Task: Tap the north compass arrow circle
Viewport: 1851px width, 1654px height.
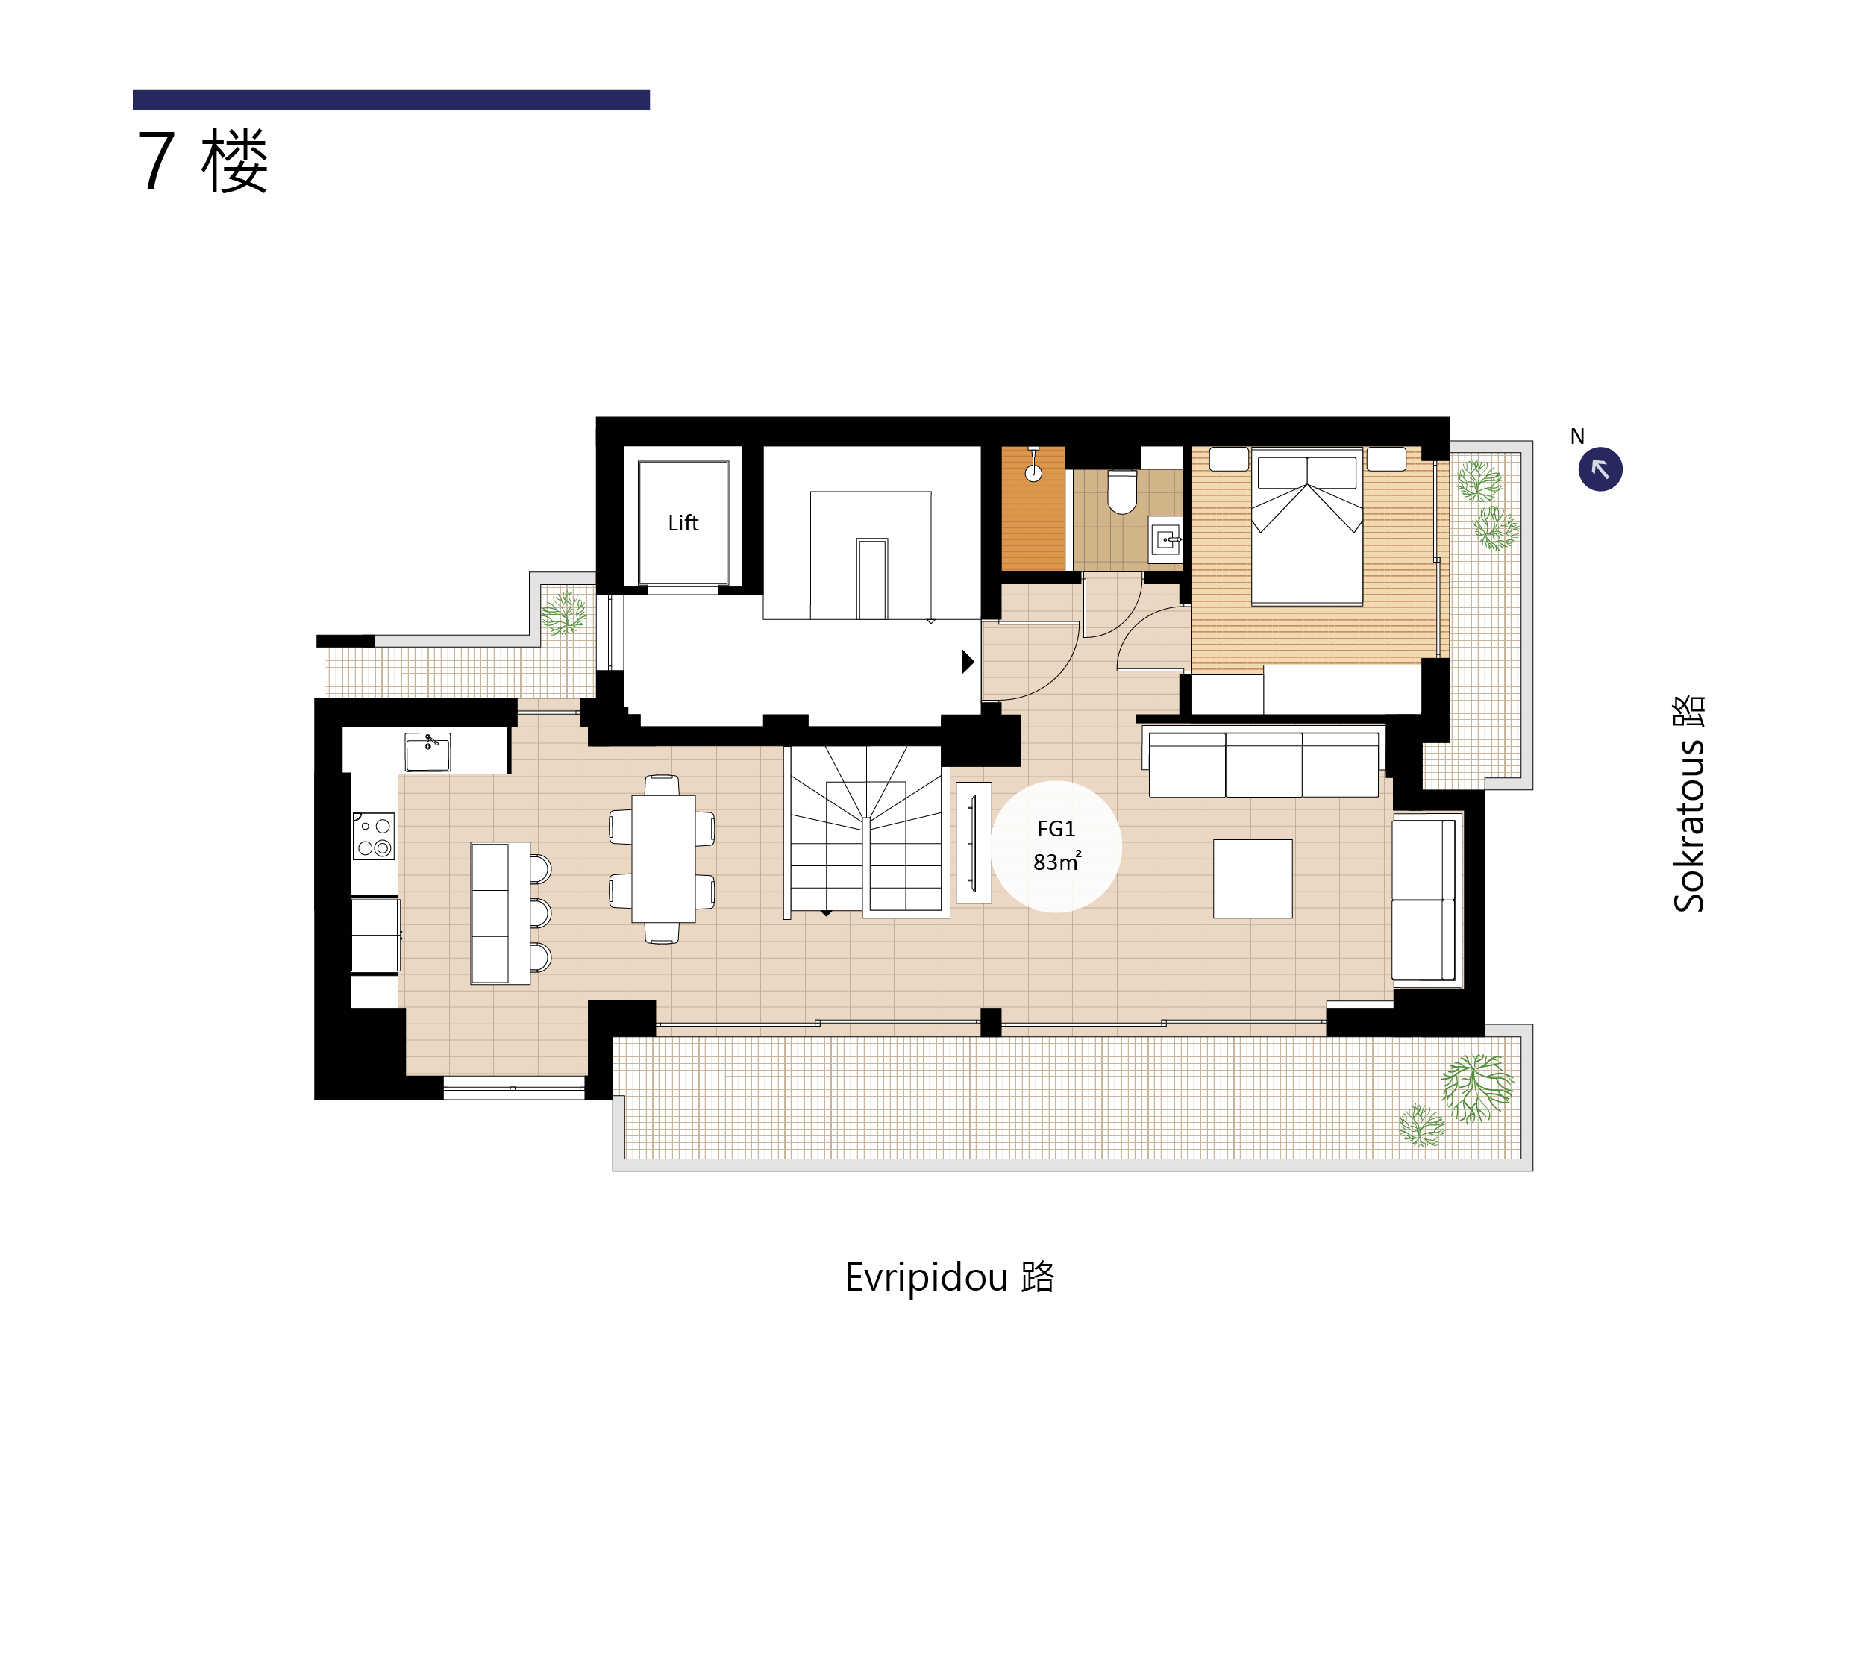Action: click(x=1600, y=469)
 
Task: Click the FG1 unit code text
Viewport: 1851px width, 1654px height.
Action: click(x=1056, y=828)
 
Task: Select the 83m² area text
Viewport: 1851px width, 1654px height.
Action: click(x=1056, y=861)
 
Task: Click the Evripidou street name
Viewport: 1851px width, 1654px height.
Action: click(x=949, y=1276)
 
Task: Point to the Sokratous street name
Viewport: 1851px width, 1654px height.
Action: click(x=1688, y=803)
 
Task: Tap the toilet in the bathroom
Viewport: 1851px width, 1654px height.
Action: click(x=1122, y=492)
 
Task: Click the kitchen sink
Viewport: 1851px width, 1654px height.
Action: click(x=427, y=753)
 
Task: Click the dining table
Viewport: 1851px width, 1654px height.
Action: click(x=663, y=858)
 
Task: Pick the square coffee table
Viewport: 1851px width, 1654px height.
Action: click(x=1252, y=878)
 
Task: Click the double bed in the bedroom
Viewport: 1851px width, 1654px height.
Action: click(x=1306, y=526)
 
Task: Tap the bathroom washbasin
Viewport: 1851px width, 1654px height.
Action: click(x=1166, y=539)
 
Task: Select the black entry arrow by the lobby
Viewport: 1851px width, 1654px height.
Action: click(x=968, y=662)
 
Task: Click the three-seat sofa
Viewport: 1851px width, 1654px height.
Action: click(x=1263, y=764)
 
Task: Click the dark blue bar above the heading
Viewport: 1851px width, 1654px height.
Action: click(x=391, y=99)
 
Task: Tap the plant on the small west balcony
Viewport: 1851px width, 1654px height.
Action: click(x=564, y=613)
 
